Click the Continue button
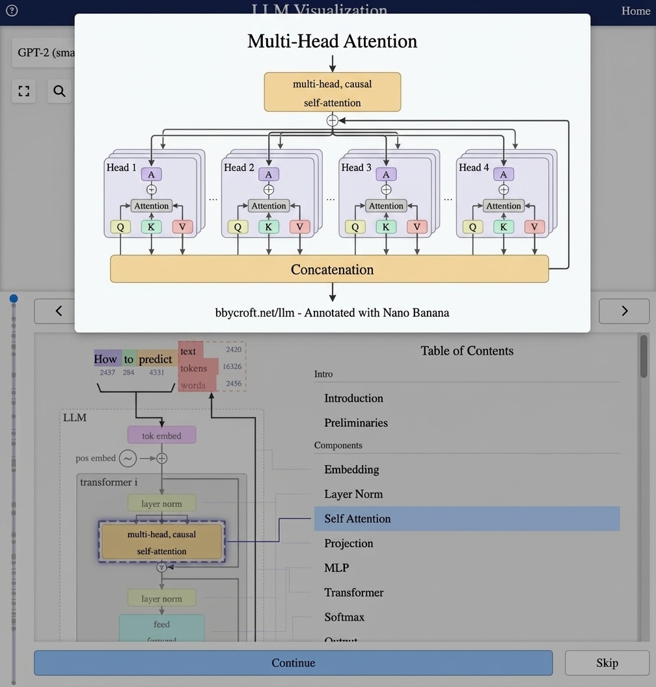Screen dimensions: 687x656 point(293,663)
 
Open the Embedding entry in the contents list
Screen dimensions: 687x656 point(351,470)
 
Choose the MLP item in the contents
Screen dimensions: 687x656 point(336,568)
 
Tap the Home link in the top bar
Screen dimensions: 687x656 point(635,11)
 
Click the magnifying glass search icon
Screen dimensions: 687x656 point(59,91)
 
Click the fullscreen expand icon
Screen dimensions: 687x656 point(24,91)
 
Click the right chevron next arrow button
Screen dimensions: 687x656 point(624,311)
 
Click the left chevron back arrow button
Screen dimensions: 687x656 point(59,311)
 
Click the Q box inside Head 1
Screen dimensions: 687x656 point(120,227)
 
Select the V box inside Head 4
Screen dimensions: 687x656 point(534,227)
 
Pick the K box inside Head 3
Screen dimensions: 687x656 point(386,227)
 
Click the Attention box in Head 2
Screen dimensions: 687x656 point(269,206)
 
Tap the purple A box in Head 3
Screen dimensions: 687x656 point(386,174)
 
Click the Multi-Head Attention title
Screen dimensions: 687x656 point(332,41)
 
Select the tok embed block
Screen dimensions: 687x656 point(161,436)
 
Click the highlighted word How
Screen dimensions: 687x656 point(105,359)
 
